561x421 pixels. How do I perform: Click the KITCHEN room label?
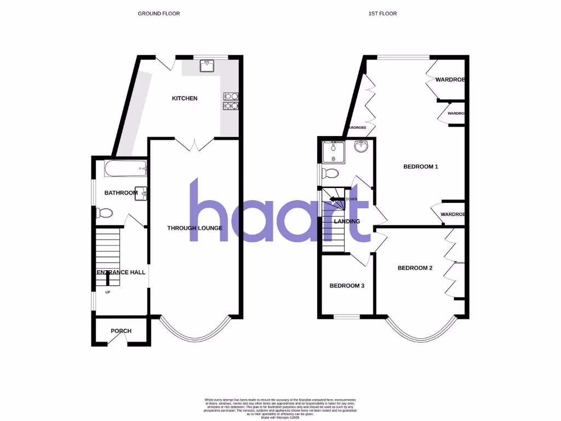click(x=185, y=99)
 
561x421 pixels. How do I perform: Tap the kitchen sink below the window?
click(x=208, y=66)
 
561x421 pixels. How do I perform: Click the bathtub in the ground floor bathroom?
click(x=125, y=169)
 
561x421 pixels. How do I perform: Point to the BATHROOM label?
click(x=121, y=193)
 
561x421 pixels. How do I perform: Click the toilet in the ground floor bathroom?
click(x=105, y=213)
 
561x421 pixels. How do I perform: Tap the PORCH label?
click(x=121, y=331)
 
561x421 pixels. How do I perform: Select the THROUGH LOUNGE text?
click(x=194, y=228)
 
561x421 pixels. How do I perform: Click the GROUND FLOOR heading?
click(x=159, y=14)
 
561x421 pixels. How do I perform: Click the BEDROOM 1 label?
click(x=421, y=167)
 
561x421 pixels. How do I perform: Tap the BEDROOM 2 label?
click(x=415, y=268)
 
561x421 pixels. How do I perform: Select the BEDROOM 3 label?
click(x=347, y=286)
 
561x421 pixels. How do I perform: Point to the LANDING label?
click(x=347, y=221)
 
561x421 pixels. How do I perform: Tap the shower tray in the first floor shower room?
click(x=333, y=151)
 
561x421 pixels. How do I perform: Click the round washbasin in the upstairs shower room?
click(x=360, y=147)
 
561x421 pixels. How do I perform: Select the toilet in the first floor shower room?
click(x=330, y=174)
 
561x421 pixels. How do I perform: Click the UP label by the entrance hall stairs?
click(x=108, y=292)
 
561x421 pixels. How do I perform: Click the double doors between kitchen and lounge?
click(x=194, y=144)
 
